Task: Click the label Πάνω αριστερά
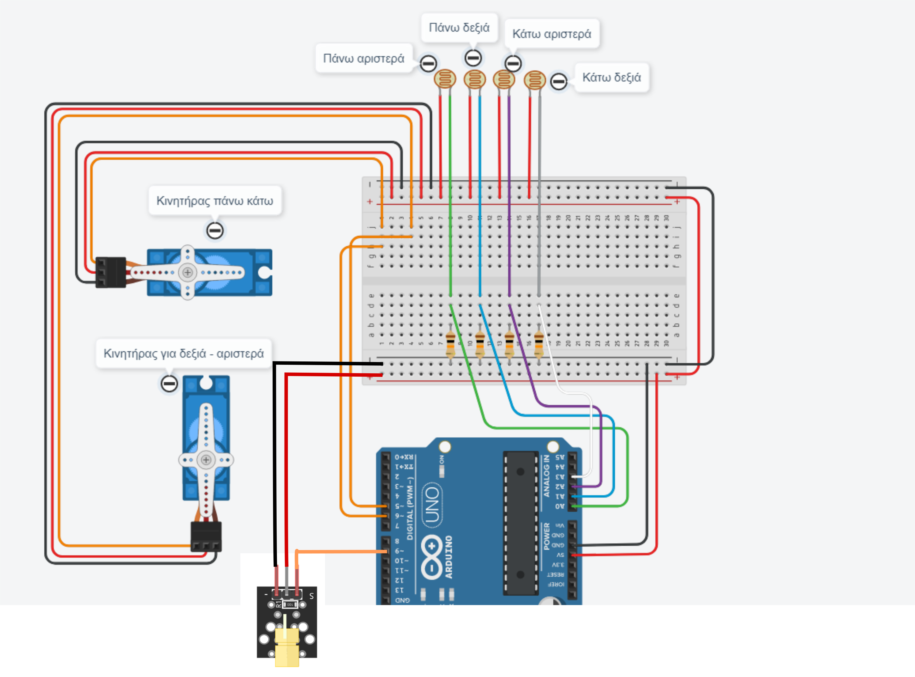[x=363, y=59]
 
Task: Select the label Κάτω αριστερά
[x=552, y=34]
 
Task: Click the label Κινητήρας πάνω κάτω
[x=215, y=201]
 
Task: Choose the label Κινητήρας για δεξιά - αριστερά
[x=183, y=354]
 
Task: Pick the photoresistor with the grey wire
[x=534, y=80]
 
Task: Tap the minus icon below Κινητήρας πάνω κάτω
[x=215, y=231]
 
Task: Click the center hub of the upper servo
[x=188, y=272]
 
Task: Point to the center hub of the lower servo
[x=206, y=460]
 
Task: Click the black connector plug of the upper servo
[x=110, y=272]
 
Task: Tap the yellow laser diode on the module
[x=287, y=643]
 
